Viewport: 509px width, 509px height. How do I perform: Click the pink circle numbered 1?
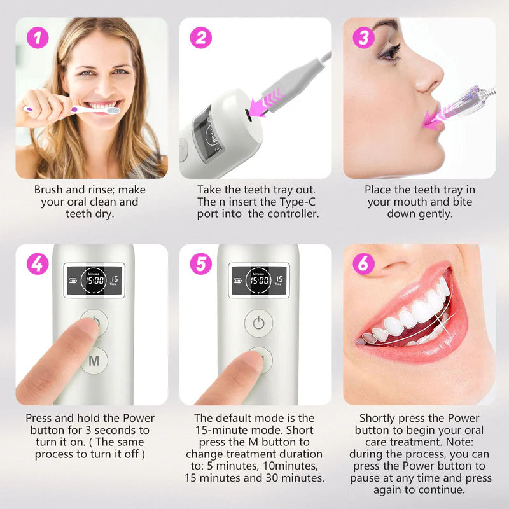pyautogui.click(x=38, y=38)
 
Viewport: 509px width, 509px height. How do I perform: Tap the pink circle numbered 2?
pyautogui.click(x=202, y=38)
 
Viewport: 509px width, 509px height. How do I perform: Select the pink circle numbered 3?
pyautogui.click(x=364, y=38)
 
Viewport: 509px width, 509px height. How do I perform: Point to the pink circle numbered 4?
pyautogui.click(x=38, y=264)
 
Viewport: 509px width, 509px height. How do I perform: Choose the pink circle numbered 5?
pyautogui.click(x=202, y=264)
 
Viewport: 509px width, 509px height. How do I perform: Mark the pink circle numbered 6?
pyautogui.click(x=364, y=264)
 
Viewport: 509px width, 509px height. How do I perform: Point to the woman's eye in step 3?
pyautogui.click(x=390, y=51)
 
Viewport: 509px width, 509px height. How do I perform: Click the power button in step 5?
pyautogui.click(x=258, y=323)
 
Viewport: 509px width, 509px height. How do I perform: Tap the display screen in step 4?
pyautogui.click(x=94, y=280)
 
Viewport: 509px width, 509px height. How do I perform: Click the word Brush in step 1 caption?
pyautogui.click(x=48, y=190)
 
